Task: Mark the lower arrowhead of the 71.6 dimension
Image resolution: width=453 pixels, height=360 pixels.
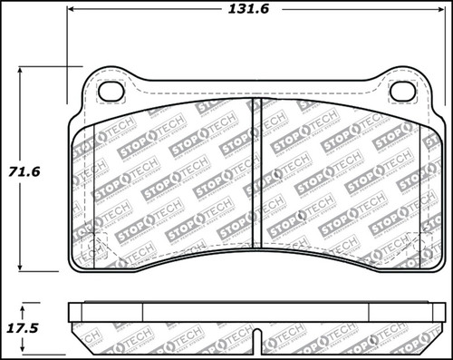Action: [24, 269]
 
